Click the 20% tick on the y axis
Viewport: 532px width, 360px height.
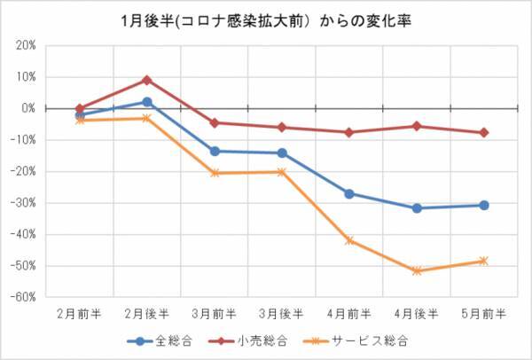[x=26, y=45]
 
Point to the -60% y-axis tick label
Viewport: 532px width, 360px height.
[x=24, y=298]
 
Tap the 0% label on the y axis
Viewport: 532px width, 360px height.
[x=28, y=108]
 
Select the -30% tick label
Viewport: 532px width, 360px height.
[x=24, y=203]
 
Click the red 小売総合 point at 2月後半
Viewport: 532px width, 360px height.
[x=147, y=80]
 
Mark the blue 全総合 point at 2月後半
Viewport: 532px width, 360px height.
[x=147, y=102]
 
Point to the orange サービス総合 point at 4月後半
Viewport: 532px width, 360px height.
[x=417, y=270]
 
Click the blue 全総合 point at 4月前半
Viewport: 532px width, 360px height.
[x=349, y=193]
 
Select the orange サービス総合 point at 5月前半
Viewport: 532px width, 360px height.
[x=484, y=261]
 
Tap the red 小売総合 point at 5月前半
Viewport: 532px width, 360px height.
[x=484, y=133]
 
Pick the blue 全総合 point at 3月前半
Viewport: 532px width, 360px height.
[x=215, y=151]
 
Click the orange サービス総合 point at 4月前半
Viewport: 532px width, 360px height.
[x=349, y=240]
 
